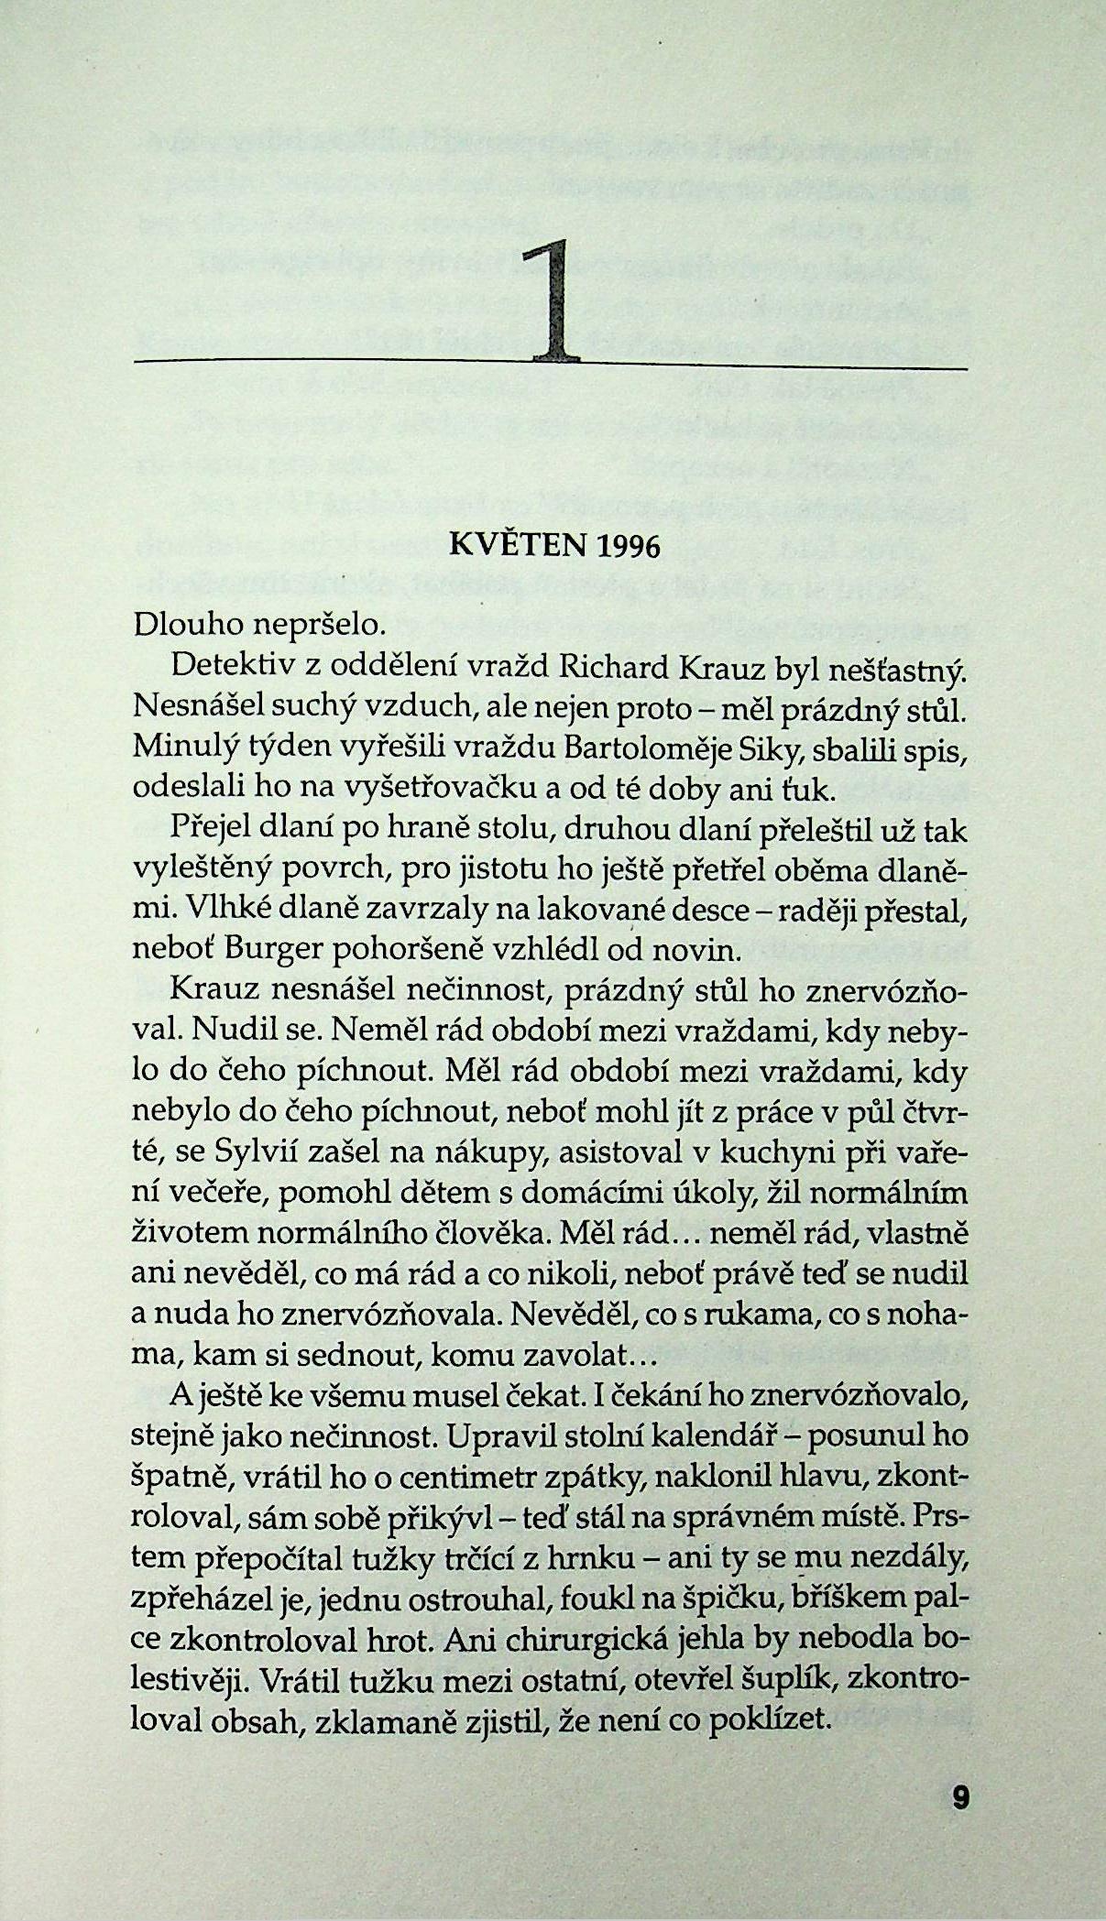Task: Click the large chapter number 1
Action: click(553, 302)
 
